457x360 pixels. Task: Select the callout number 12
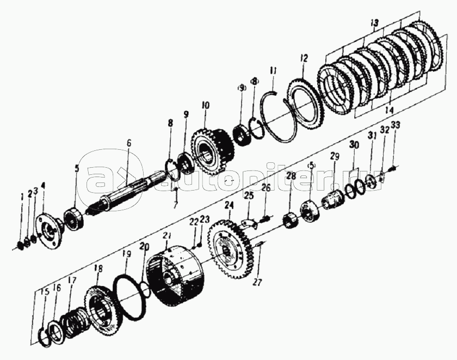tap(303, 58)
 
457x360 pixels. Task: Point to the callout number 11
tap(273, 70)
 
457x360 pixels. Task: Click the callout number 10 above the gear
tap(205, 103)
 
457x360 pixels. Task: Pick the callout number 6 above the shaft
tap(128, 143)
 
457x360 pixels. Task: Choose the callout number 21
tap(168, 235)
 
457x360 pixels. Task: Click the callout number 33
tap(395, 125)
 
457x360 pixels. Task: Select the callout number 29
tap(335, 157)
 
